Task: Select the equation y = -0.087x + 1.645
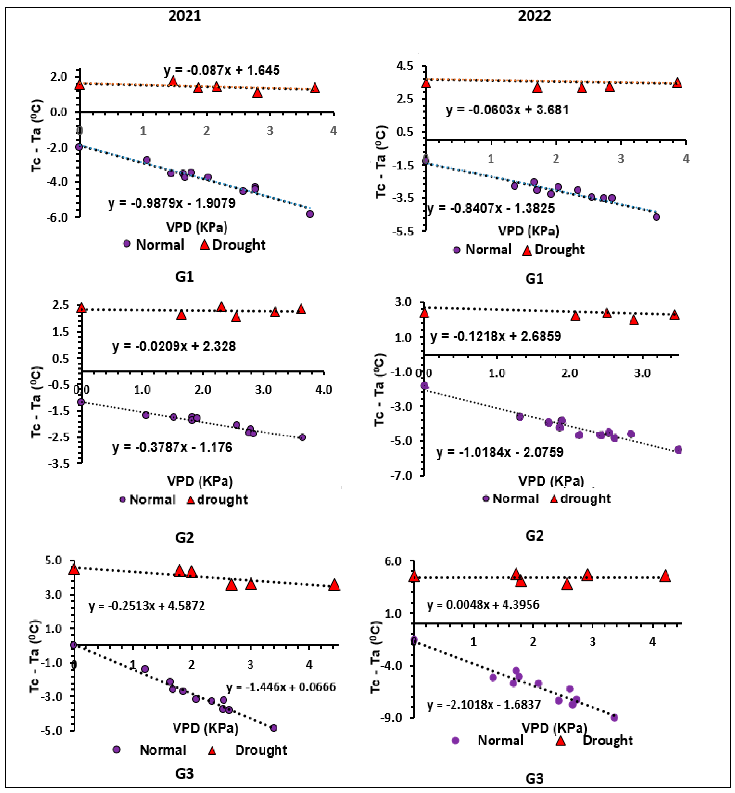[222, 70]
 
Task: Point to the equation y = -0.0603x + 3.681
[507, 110]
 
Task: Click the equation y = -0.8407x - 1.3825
[490, 208]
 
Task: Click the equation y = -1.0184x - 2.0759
[500, 452]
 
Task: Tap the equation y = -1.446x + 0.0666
[281, 687]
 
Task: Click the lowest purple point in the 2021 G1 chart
[310, 214]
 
